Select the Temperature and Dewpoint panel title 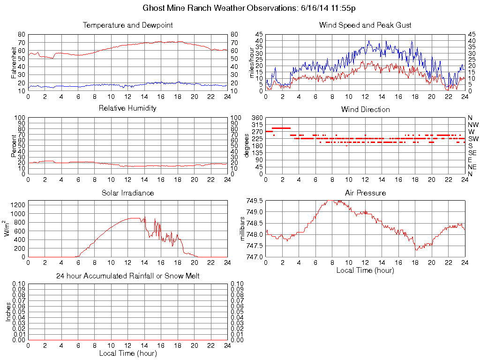point(127,25)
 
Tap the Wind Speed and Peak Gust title point(365,25)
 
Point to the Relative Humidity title point(127,109)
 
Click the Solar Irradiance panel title point(127,193)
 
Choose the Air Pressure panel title point(365,193)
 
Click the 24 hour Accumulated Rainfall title point(127,276)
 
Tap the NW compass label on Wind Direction point(473,125)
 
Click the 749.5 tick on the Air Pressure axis point(255,201)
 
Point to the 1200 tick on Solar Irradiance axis point(18,204)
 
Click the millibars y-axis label point(243,229)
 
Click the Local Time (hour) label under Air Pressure point(365,270)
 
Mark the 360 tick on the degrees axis point(257,117)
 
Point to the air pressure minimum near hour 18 point(416,249)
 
